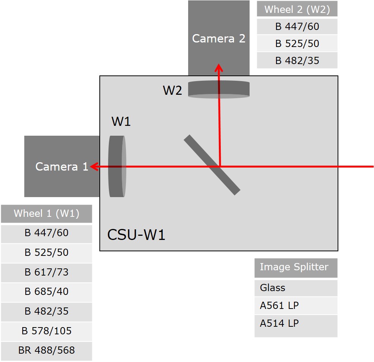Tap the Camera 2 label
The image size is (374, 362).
point(218,38)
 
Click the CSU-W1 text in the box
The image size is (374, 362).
point(136,235)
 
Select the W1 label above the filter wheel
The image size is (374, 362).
point(121,122)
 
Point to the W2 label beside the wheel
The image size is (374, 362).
point(172,90)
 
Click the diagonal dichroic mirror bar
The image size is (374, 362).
point(212,165)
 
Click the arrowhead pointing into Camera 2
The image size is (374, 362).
point(219,67)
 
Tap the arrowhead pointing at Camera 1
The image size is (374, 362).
point(94,166)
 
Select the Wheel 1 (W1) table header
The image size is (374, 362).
point(46,213)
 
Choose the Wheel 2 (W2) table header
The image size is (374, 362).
point(297,9)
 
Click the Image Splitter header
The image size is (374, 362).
point(294,267)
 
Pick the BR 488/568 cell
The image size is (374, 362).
point(46,350)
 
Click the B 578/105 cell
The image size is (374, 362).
point(46,331)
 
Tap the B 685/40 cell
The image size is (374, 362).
point(46,291)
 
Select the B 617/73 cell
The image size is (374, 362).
point(46,272)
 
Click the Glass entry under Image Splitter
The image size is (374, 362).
point(272,288)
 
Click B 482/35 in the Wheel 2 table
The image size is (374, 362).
point(297,60)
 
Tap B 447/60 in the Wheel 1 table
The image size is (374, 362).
point(46,233)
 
